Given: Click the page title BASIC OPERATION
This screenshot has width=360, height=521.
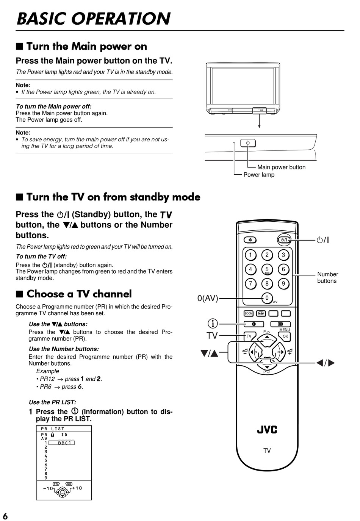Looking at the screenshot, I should [x=94, y=19].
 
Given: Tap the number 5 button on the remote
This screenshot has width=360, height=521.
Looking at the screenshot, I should [x=267, y=269].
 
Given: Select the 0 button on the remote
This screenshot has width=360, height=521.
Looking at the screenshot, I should [x=267, y=298].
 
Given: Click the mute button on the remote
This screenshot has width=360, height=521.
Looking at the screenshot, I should [x=250, y=240].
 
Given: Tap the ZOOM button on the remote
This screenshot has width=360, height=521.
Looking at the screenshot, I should [x=249, y=313].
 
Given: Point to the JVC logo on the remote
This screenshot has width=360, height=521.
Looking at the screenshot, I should [x=267, y=430].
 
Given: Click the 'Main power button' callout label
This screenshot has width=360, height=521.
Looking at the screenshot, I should [x=281, y=167].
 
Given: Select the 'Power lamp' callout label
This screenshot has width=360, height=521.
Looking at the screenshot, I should [x=259, y=175].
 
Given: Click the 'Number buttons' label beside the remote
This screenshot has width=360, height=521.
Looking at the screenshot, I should [x=327, y=277].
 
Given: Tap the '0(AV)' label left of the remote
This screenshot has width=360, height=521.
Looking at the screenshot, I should [x=208, y=298].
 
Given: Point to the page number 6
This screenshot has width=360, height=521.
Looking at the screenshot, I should [x=5, y=516].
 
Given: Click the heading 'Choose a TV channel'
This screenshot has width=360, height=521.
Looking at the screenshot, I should [x=79, y=294].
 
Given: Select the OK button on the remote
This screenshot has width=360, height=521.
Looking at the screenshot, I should [x=285, y=336].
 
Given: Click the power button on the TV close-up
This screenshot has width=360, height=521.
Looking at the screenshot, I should [x=248, y=143].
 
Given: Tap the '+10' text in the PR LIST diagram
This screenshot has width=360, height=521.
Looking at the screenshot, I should [x=77, y=488].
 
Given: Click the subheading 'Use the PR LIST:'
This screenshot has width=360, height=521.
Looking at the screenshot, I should [x=52, y=402].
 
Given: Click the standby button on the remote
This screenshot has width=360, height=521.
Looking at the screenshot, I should [x=284, y=239].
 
